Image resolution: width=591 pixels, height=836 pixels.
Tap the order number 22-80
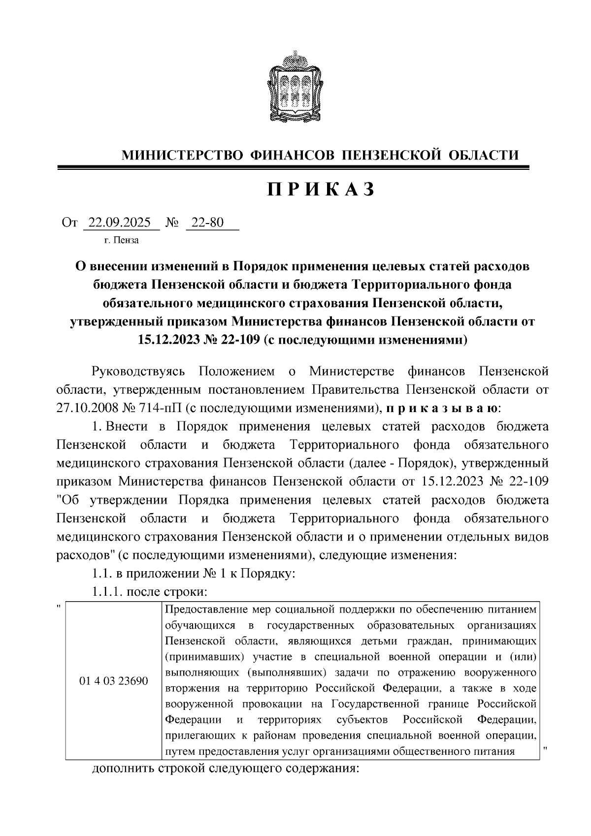click(x=207, y=223)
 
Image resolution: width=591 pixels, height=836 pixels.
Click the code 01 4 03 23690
click(x=113, y=681)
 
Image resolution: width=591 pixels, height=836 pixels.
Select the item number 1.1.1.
click(x=107, y=592)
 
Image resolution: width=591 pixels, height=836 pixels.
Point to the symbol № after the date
click(x=172, y=223)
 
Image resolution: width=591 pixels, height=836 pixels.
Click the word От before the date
click(x=69, y=223)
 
